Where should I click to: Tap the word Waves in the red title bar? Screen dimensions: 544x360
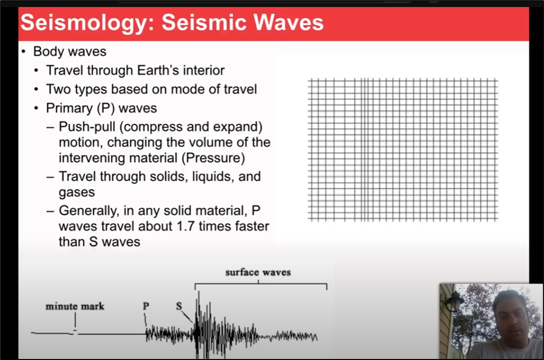coord(288,22)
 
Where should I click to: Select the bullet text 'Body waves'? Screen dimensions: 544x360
coord(70,51)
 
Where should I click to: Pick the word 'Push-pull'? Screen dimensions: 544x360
coord(87,127)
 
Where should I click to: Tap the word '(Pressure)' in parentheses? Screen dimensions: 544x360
coord(213,158)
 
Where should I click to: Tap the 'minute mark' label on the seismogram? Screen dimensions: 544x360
coord(75,306)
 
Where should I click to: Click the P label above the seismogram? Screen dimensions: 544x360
coord(146,306)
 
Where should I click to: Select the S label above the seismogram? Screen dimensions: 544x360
coord(179,306)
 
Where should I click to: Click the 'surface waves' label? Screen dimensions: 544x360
coord(258,272)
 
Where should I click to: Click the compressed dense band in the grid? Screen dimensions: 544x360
coord(364,149)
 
